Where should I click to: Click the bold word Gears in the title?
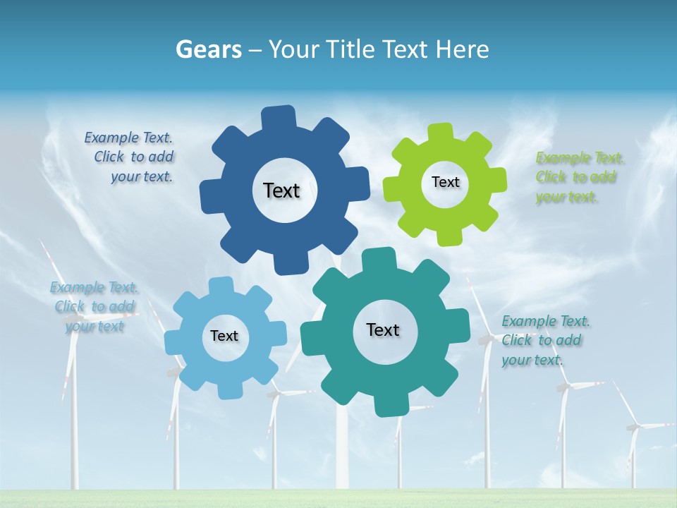point(208,49)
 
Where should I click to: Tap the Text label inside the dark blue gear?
point(281,190)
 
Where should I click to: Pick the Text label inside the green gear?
point(445,182)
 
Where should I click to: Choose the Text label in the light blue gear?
point(224,336)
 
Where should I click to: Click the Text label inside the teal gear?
point(383,329)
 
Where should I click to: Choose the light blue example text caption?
point(94,307)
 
